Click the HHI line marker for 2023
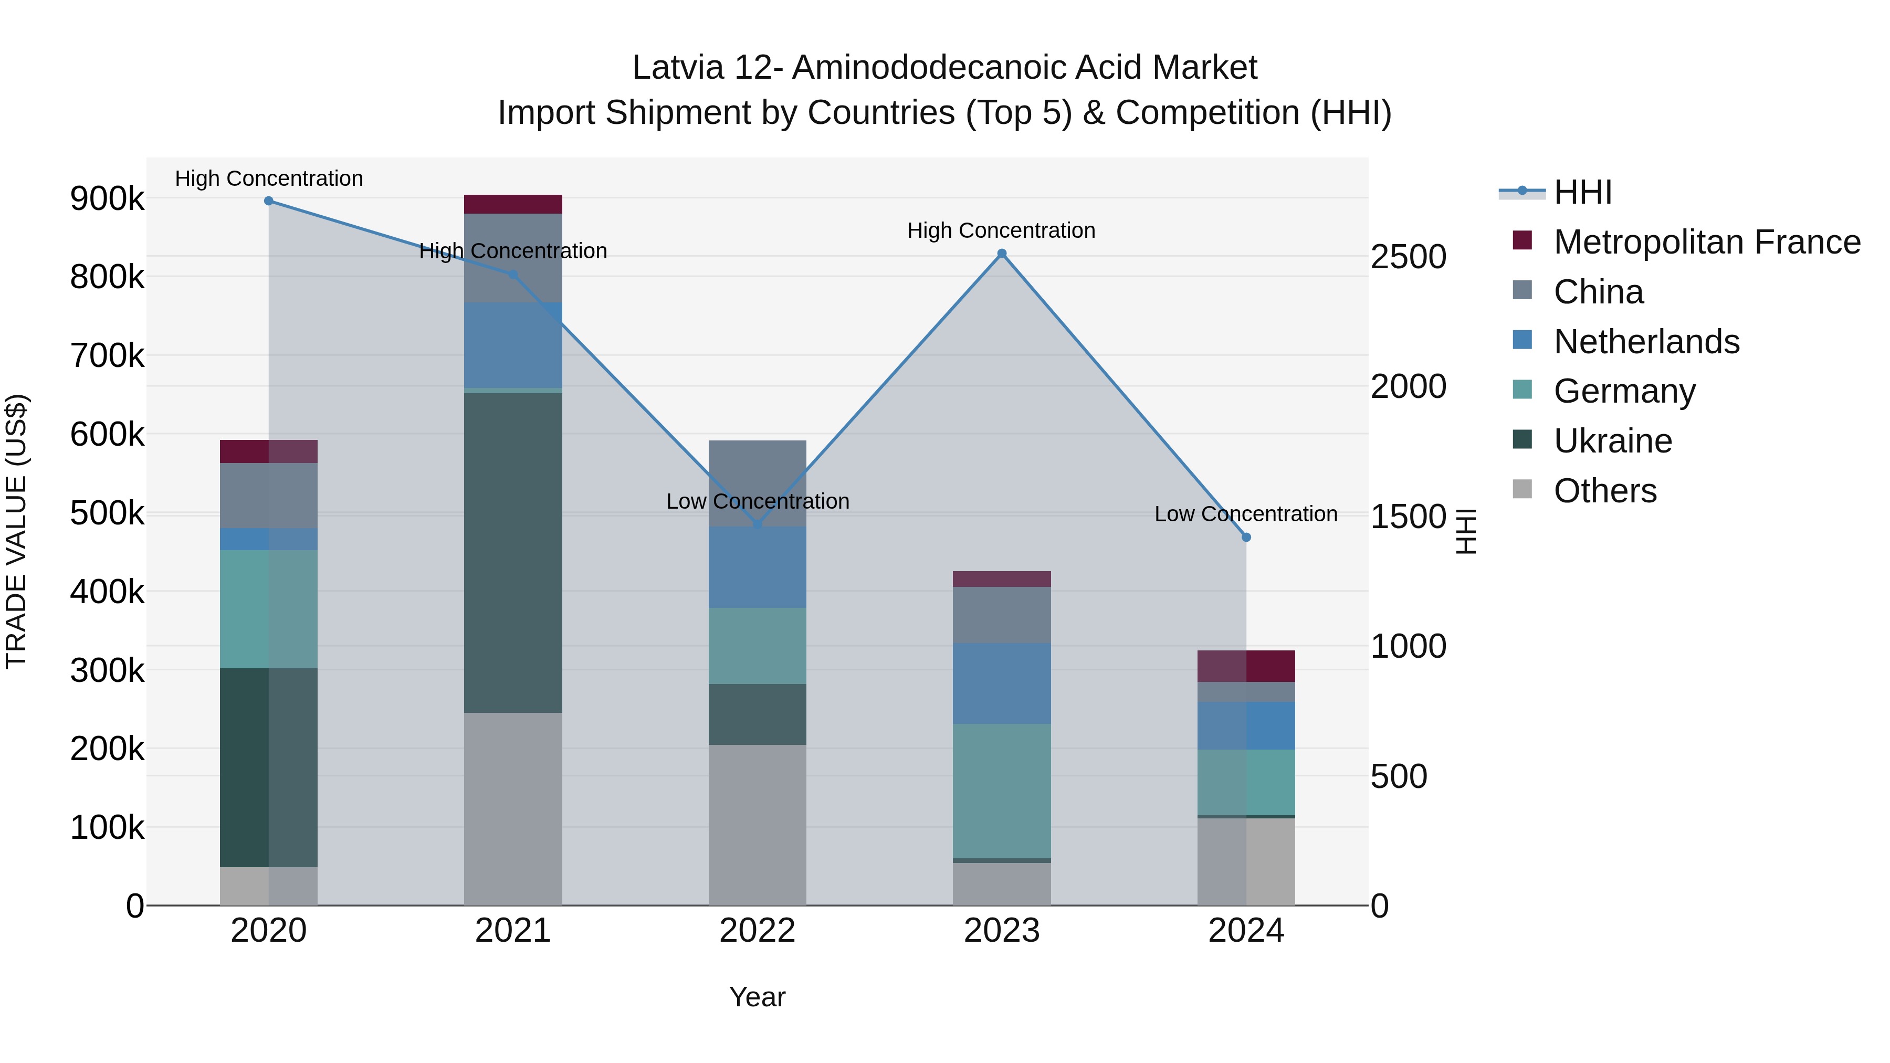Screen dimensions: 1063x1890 click(1002, 254)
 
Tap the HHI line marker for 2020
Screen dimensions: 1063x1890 click(268, 201)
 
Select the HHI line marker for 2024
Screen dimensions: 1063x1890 click(1246, 537)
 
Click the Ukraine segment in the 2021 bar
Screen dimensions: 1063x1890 click(513, 552)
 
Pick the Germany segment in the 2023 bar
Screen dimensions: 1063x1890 click(1002, 791)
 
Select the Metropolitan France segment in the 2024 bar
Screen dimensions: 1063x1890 click(1246, 666)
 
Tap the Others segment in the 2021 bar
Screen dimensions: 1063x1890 click(513, 808)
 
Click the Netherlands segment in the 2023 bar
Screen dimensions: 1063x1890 click(1002, 683)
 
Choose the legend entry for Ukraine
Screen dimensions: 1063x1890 click(1613, 441)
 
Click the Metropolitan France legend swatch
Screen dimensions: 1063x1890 click(1522, 240)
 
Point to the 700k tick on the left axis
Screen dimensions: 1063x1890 click(107, 356)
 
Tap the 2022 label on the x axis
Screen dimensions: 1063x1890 click(757, 931)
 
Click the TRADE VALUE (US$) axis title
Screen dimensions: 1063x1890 click(16, 531)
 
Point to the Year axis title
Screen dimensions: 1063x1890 click(757, 997)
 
